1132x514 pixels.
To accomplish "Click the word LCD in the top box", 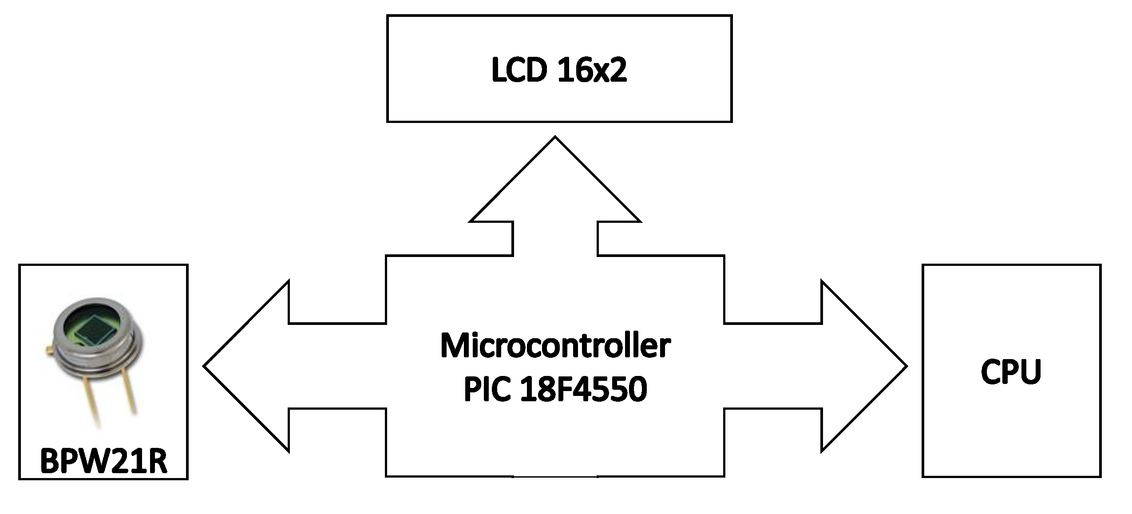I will tap(518, 70).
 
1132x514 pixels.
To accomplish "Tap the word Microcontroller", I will tap(555, 346).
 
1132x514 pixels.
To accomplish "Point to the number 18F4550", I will tap(584, 389).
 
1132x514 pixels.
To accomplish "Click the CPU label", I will tap(1011, 372).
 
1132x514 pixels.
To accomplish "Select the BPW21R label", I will tap(103, 462).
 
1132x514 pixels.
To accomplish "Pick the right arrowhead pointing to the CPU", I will tap(863, 366).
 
